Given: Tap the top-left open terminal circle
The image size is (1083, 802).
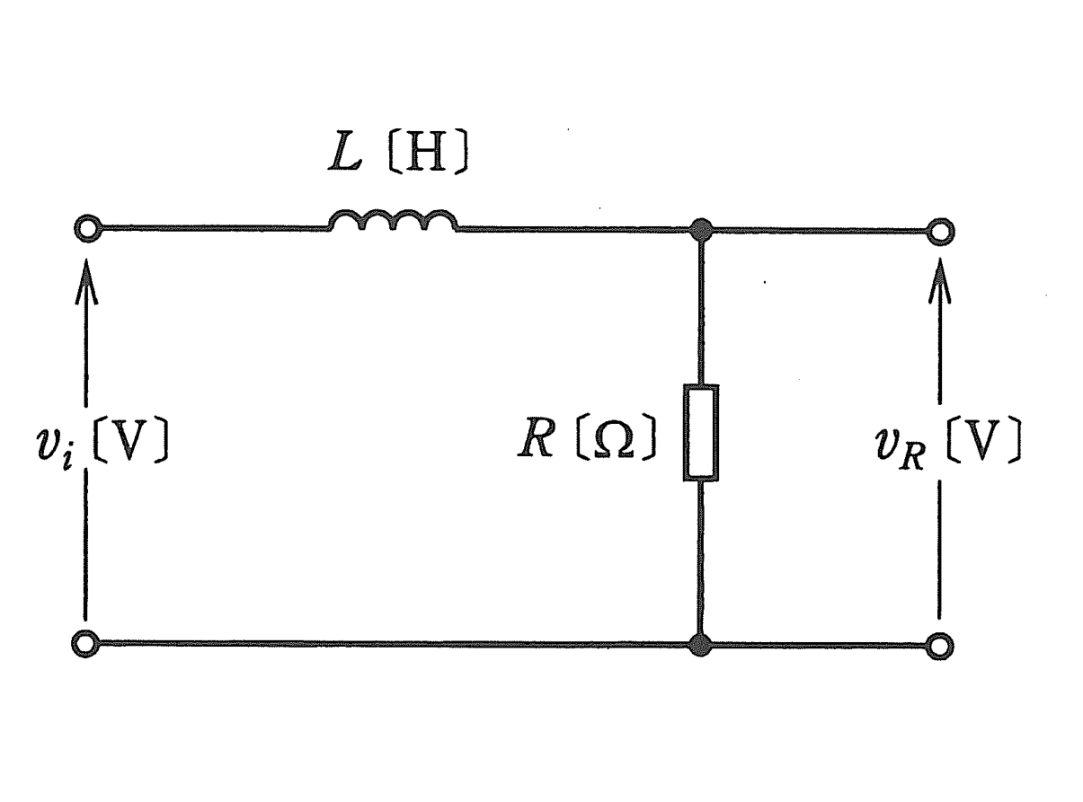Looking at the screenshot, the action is click(x=87, y=228).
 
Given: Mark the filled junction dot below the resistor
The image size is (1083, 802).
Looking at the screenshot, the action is click(x=701, y=646).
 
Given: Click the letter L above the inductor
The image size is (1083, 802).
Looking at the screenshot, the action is click(x=345, y=151).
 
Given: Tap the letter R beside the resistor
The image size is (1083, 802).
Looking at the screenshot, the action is click(x=537, y=436).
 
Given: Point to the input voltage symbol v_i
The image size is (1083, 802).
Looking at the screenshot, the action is click(x=55, y=445).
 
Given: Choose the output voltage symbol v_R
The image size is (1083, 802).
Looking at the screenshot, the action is click(x=901, y=446).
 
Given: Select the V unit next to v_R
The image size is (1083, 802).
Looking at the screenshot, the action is click(x=982, y=440).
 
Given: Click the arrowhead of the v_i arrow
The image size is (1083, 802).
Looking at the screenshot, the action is click(x=86, y=281).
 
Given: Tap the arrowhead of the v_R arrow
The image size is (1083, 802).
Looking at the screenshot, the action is click(x=939, y=281).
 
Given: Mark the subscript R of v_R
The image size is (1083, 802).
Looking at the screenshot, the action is click(x=911, y=459).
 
